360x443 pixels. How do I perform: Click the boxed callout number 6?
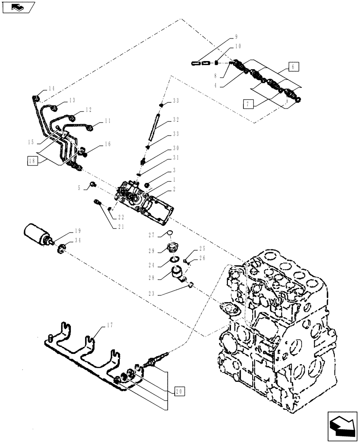point(293,67)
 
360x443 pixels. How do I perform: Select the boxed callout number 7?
point(249,104)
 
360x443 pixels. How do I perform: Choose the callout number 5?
point(78,187)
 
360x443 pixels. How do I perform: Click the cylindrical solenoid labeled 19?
point(38,234)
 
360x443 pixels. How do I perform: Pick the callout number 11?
point(107,120)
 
